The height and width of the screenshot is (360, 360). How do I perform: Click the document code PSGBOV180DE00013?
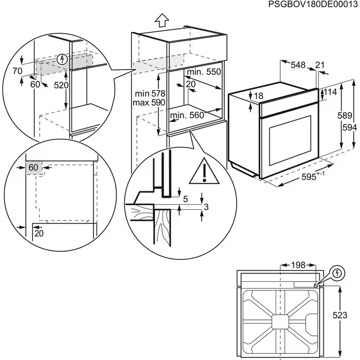tap(313, 5)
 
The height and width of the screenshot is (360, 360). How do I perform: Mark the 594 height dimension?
tap(350, 127)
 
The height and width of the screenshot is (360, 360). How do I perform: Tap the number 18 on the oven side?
tap(258, 96)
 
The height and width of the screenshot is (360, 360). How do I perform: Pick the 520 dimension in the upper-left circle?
tap(61, 85)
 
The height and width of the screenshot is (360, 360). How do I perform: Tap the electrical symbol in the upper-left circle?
tap(62, 59)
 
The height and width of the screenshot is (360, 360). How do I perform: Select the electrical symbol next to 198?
tap(336, 272)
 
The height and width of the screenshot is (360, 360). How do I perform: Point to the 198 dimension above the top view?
tap(297, 265)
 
